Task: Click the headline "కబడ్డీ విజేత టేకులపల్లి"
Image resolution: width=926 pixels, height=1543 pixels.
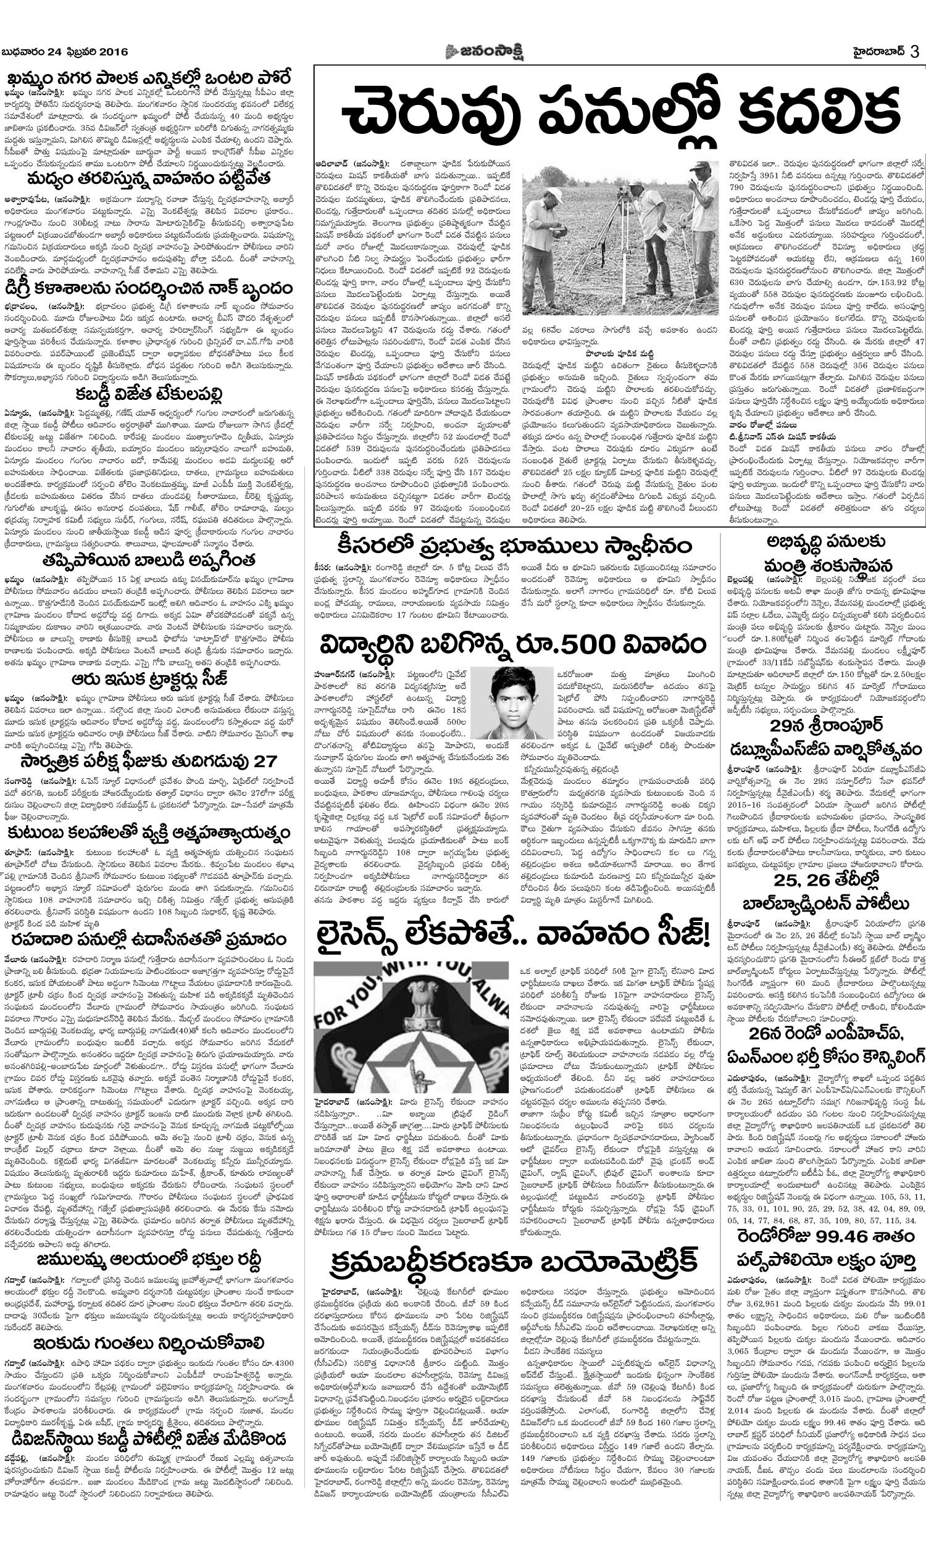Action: pyautogui.click(x=148, y=394)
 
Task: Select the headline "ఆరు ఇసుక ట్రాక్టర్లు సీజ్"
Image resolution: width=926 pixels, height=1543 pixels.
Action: pyautogui.click(x=149, y=678)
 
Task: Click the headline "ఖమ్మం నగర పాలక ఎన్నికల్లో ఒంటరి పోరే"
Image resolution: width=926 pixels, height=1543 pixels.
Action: pyautogui.click(x=149, y=79)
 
